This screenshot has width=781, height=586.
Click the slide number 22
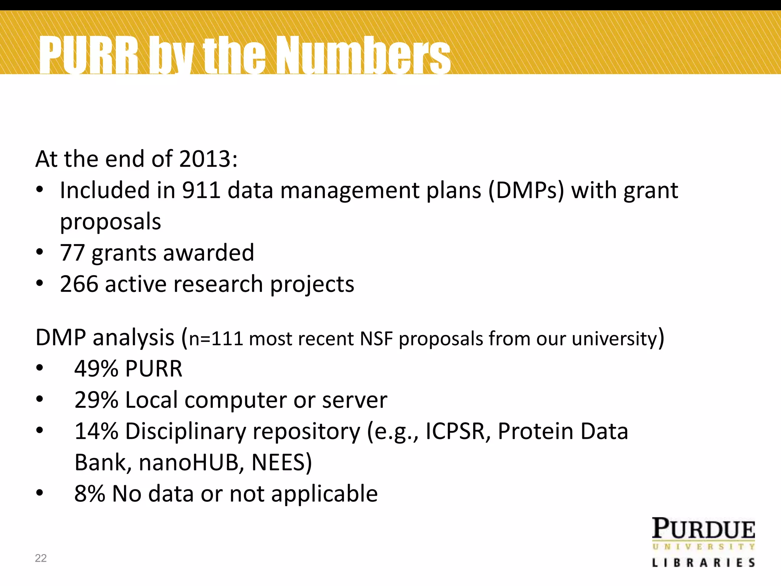[41, 558]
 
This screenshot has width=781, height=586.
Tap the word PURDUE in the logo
[704, 529]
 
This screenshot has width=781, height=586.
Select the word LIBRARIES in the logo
[704, 563]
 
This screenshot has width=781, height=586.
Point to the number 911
[201, 190]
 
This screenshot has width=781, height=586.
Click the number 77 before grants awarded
[72, 253]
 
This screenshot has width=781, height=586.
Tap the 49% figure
[96, 369]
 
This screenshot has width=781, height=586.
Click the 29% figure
[96, 400]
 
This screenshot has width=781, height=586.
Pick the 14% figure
[96, 431]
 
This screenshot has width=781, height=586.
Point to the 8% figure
[90, 494]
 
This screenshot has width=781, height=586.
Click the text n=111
[216, 339]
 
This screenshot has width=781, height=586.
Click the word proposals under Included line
[111, 222]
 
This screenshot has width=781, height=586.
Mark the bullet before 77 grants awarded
[40, 253]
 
